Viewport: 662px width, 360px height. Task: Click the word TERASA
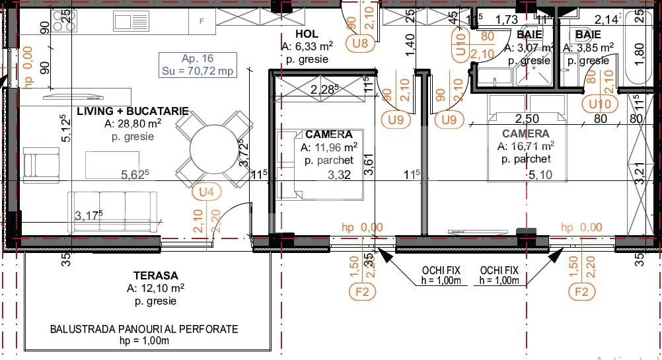(155, 275)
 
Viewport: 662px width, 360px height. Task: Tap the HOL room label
(307, 34)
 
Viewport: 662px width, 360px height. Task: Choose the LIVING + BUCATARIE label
(133, 111)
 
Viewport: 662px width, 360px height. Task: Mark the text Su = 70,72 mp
(198, 71)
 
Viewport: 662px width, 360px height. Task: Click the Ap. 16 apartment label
(198, 59)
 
